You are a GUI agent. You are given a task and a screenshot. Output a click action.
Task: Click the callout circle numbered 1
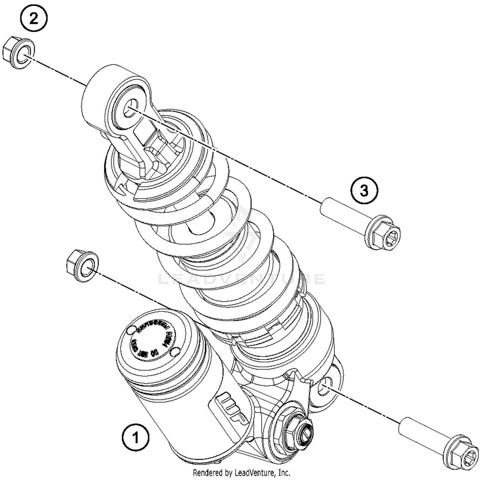point(136,438)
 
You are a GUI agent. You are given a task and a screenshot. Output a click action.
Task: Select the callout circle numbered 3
point(364,191)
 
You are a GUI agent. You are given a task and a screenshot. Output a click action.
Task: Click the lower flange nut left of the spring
point(82,266)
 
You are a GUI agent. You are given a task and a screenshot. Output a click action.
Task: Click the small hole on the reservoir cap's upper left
point(131,330)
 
